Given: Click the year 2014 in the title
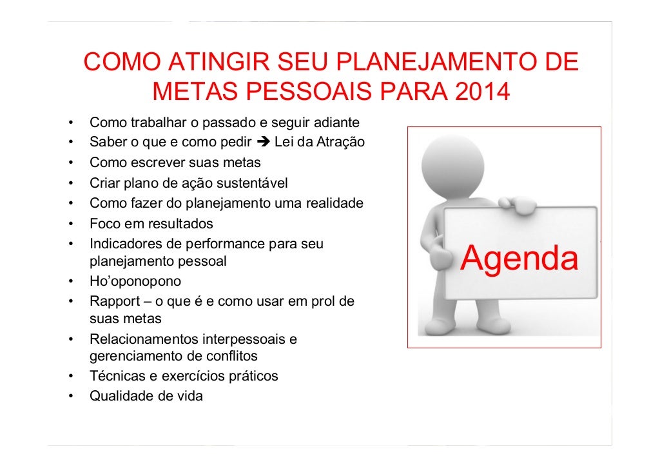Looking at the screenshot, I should click(x=482, y=92).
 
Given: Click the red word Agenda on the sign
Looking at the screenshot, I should click(x=519, y=259).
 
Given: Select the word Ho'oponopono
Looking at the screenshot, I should click(x=135, y=282).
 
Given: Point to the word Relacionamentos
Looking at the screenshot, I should click(x=144, y=339).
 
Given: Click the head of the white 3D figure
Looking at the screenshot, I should click(x=452, y=163).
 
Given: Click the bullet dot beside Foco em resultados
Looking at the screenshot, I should click(x=69, y=224).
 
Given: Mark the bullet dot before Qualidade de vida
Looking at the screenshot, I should click(x=69, y=397).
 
